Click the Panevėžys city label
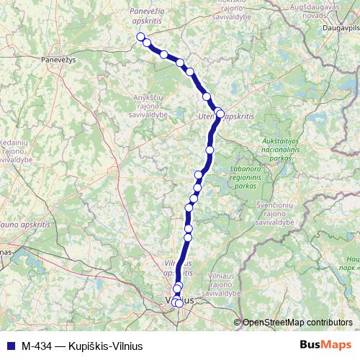(x=58, y=60)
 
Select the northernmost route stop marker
(x=140, y=37)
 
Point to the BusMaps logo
(x=325, y=346)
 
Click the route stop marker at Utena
(x=220, y=113)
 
